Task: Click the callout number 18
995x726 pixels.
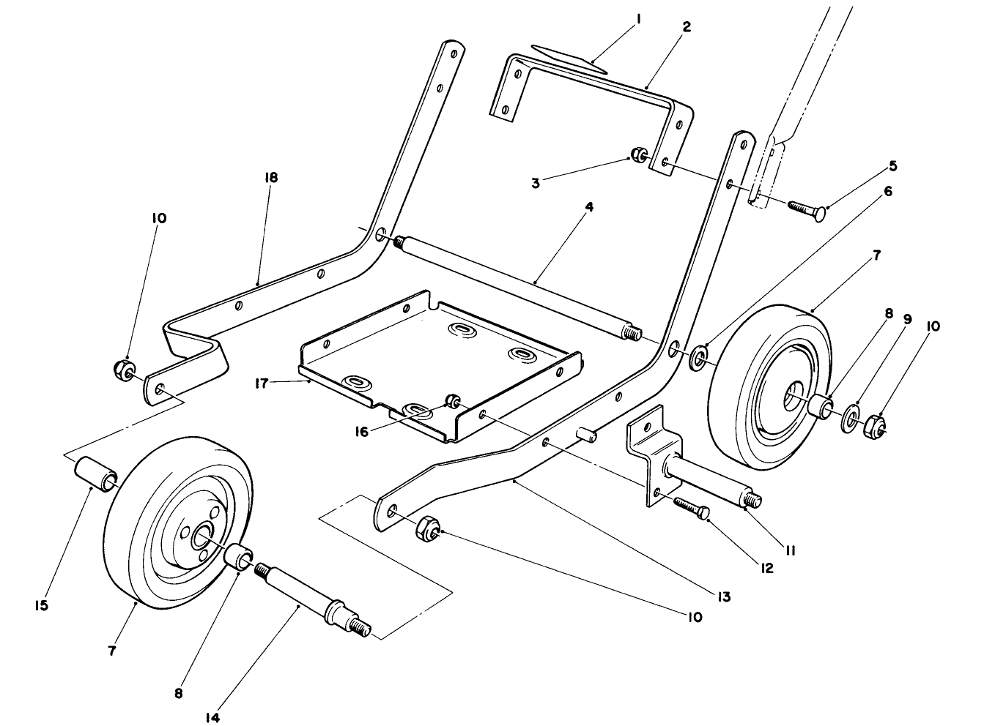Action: tap(273, 178)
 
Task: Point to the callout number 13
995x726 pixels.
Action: tap(723, 597)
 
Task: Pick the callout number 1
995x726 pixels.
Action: tap(637, 20)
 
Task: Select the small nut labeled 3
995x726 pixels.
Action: tap(639, 155)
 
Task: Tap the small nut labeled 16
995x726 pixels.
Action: tap(454, 400)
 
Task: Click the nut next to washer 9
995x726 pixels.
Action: tap(874, 424)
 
